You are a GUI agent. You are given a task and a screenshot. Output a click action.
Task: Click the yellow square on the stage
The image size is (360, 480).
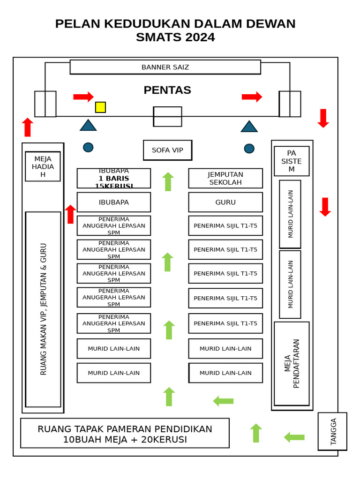click(100, 107)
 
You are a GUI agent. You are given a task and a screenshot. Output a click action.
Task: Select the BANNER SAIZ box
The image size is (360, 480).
click(165, 67)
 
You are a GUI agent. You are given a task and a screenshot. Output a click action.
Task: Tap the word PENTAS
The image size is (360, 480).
click(167, 90)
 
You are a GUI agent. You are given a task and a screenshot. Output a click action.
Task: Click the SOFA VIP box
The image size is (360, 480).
click(167, 150)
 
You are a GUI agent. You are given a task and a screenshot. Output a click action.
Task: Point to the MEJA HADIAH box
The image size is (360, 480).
click(43, 166)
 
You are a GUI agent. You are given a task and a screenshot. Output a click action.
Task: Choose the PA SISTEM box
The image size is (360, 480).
click(292, 161)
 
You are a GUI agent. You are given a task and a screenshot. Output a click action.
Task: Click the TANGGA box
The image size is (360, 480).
click(332, 431)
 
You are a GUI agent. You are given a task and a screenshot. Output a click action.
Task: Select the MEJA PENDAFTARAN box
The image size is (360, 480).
click(292, 363)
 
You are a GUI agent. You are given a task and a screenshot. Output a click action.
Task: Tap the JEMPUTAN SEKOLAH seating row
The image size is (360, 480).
click(225, 178)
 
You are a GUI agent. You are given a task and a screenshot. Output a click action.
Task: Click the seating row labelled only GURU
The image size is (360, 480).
click(225, 202)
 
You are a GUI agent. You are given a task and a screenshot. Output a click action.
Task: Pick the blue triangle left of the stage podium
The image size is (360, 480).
click(88, 125)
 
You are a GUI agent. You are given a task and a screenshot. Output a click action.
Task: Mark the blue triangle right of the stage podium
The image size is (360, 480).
click(249, 127)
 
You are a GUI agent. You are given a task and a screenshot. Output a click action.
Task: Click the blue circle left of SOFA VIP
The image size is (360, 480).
click(88, 147)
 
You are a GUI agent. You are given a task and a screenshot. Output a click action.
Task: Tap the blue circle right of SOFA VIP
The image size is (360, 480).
click(249, 149)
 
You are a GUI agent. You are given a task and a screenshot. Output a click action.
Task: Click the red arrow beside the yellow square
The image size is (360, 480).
click(83, 97)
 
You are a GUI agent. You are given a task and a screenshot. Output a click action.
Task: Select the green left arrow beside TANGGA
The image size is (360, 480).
click(294, 437)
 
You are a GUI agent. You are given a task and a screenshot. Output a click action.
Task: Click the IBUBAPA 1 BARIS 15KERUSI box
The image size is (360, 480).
click(114, 178)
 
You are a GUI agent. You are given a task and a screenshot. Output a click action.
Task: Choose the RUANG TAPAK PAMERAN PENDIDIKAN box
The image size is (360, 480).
click(125, 434)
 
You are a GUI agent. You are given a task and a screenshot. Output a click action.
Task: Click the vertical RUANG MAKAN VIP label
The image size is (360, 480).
click(43, 309)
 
